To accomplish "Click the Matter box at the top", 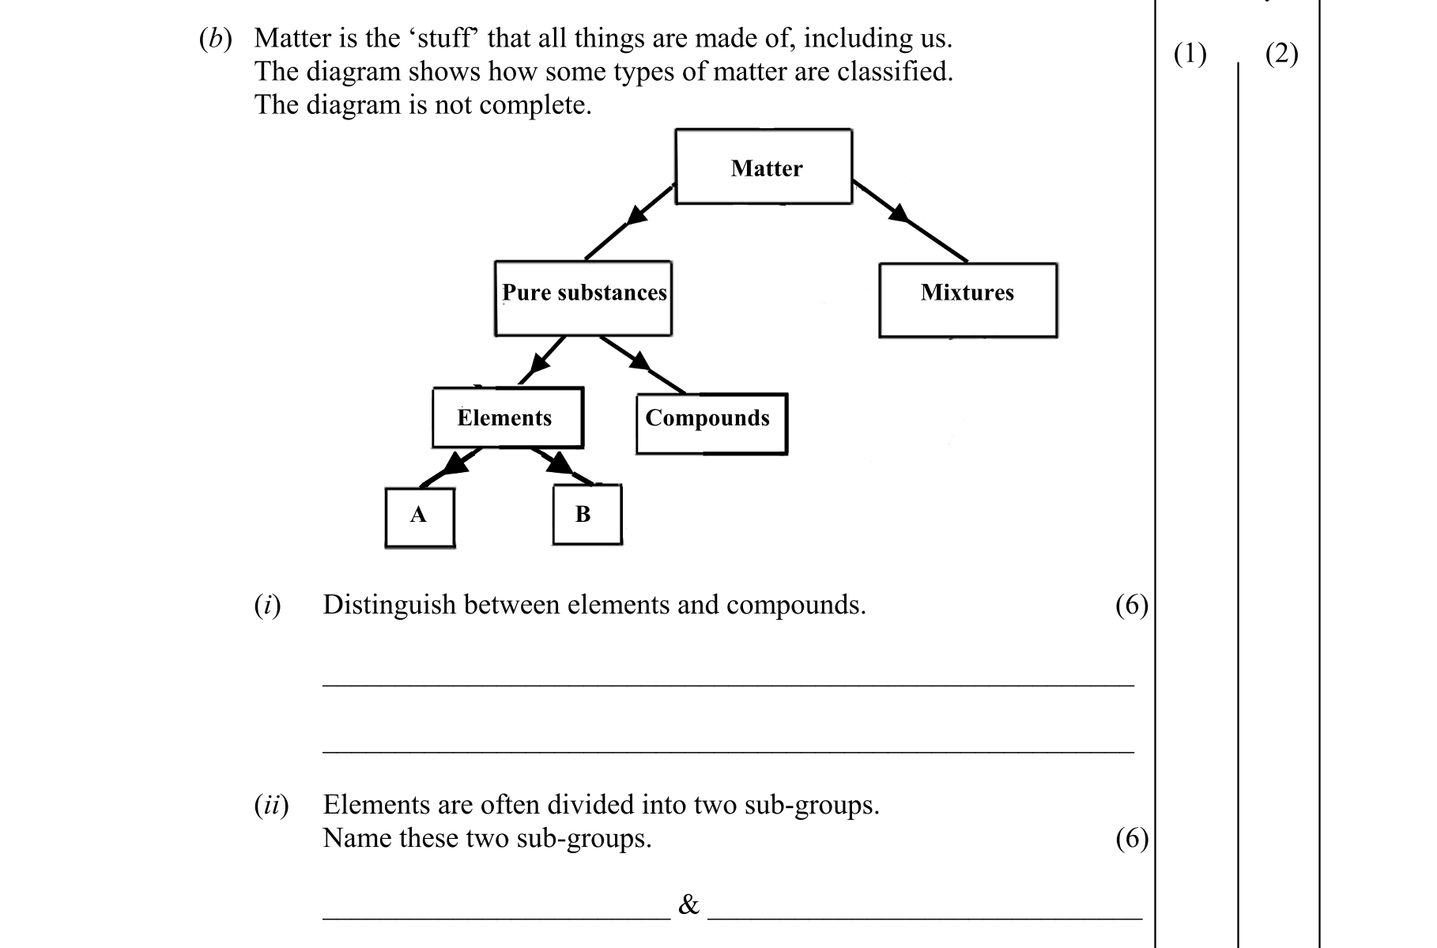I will (764, 167).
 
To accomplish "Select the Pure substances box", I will (583, 298).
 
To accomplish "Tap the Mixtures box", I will (967, 300).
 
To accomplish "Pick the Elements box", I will (507, 417).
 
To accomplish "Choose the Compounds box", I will (711, 423).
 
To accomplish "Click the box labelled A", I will (420, 517).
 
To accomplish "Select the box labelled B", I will (586, 515).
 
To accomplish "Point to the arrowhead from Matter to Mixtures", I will (899, 211).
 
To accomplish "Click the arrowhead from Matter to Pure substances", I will (636, 213).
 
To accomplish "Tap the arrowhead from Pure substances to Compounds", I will (639, 361).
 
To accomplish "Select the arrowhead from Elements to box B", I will (559, 463).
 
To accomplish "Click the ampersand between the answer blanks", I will (688, 905).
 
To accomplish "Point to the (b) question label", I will (215, 39).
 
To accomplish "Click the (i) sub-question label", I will (267, 605).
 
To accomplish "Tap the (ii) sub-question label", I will (271, 805).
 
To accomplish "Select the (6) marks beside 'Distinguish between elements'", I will (1131, 605).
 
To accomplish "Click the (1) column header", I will (1190, 54).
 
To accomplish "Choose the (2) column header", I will (1281, 54).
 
